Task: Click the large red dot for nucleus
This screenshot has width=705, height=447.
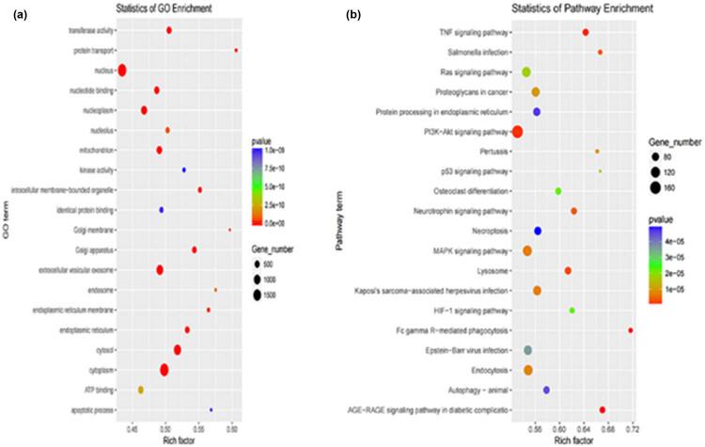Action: click(x=122, y=70)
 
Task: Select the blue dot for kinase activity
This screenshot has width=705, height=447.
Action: click(x=183, y=169)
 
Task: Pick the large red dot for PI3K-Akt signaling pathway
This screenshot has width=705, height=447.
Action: click(x=517, y=131)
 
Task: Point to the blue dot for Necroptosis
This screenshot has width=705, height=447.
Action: click(x=538, y=231)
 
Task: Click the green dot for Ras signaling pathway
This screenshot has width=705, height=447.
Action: click(x=526, y=72)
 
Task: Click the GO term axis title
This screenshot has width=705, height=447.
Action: click(x=7, y=223)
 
